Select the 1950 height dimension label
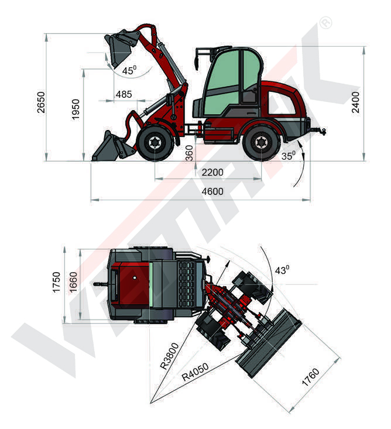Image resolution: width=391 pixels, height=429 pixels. [76, 109]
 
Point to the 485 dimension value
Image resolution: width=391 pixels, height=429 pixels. [124, 94]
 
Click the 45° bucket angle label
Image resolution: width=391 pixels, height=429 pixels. [129, 71]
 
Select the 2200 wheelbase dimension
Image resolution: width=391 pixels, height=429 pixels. [212, 172]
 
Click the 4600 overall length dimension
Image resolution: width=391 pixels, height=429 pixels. [212, 191]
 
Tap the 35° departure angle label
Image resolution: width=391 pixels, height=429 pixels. [289, 156]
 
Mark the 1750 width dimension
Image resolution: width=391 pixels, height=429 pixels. [57, 283]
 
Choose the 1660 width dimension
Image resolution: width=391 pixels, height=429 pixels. [73, 283]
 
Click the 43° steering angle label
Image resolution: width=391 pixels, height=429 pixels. [283, 270]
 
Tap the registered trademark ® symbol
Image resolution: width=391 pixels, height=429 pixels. [325, 23]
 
